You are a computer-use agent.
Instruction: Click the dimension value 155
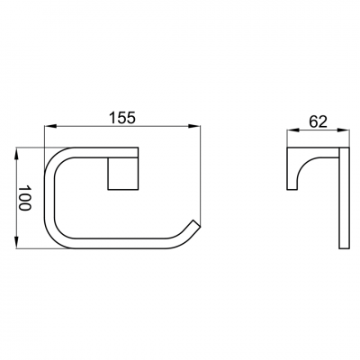coord(121,116)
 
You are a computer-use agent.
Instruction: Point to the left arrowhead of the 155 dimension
coord(47,128)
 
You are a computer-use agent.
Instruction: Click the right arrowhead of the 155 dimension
coord(197,128)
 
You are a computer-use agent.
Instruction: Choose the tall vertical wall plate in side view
coord(343,198)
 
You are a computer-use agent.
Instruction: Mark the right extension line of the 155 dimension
coord(200,180)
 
